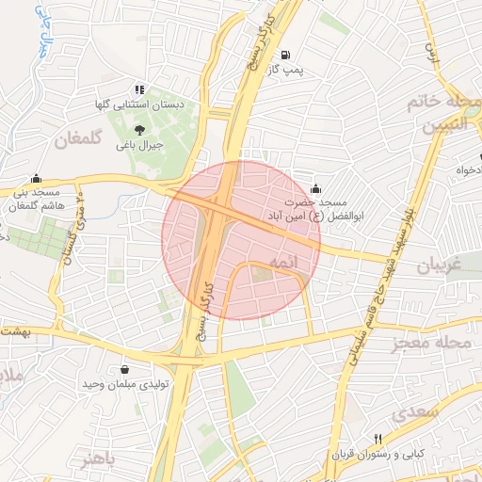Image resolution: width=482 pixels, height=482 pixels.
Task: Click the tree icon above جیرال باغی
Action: tap(139, 130)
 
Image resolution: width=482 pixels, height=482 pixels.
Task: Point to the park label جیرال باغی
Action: tap(139, 146)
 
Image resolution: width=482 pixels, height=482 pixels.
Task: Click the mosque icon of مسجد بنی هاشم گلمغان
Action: tap(37, 177)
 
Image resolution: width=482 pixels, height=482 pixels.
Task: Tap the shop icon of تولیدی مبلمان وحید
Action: tap(125, 369)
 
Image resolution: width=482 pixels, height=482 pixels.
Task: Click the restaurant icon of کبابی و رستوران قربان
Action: tap(378, 438)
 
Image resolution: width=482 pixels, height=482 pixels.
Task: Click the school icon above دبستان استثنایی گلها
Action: tap(139, 89)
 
